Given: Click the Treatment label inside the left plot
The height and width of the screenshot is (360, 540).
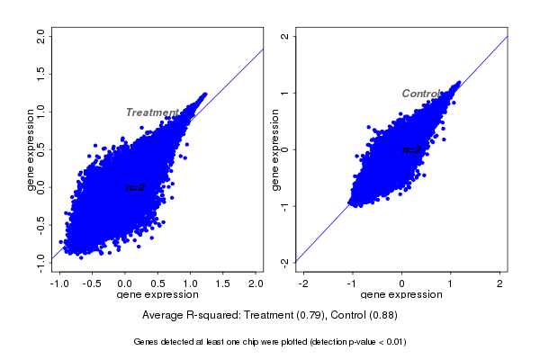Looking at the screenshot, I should pos(152,112).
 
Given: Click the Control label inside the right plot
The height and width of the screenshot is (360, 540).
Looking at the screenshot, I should pos(421,94).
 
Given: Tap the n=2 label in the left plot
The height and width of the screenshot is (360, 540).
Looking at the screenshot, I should pos(136,187).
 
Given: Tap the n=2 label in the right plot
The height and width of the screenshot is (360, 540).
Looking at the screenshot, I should pos(412,149).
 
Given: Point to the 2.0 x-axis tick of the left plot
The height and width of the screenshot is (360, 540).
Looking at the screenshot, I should pos(256,283).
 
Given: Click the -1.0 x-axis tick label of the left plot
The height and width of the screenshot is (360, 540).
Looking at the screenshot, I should pos(59,283).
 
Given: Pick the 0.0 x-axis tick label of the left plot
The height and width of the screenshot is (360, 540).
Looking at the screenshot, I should pos(125,283).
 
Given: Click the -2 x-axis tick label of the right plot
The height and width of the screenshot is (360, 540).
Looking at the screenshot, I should pos(303,283).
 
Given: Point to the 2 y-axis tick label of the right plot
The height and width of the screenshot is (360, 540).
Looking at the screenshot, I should pos(284,36).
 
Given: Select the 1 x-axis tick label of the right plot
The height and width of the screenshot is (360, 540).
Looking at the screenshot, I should pos(451,283).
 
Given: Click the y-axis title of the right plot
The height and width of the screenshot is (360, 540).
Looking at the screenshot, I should pos(276,148).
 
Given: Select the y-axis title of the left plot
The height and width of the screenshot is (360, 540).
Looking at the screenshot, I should pos(31,148).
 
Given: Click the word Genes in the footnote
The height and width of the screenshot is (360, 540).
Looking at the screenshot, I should pos(146,342).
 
